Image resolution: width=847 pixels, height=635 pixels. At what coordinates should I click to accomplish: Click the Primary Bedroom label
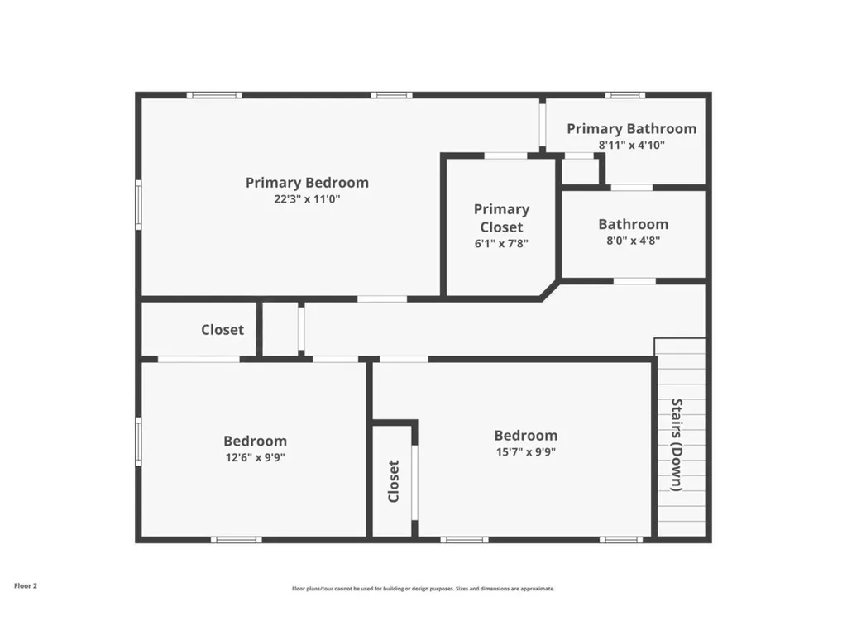pyautogui.click(x=307, y=183)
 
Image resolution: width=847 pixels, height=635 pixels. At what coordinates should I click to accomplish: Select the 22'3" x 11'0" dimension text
pyautogui.click(x=307, y=198)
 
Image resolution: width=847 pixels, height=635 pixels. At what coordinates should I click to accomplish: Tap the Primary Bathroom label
pyautogui.click(x=631, y=128)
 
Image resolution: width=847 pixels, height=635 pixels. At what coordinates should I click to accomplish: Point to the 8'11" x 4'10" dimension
pyautogui.click(x=631, y=145)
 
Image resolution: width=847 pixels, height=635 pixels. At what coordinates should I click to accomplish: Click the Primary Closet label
pyautogui.click(x=501, y=218)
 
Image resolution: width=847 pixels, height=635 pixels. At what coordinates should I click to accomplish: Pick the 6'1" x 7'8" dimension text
pyautogui.click(x=501, y=244)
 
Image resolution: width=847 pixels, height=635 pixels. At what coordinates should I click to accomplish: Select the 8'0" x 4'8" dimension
pyautogui.click(x=633, y=241)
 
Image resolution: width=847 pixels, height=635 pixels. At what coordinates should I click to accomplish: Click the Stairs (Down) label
pyautogui.click(x=677, y=445)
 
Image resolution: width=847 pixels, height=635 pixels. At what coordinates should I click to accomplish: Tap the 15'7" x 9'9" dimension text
pyautogui.click(x=525, y=452)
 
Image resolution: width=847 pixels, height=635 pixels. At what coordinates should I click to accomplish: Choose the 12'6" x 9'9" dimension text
pyautogui.click(x=255, y=457)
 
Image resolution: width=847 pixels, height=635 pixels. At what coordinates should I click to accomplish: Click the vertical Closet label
pyautogui.click(x=393, y=481)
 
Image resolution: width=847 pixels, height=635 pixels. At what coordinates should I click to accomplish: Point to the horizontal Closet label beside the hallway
pyautogui.click(x=222, y=329)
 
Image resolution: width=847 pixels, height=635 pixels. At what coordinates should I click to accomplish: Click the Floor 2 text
pyautogui.click(x=26, y=586)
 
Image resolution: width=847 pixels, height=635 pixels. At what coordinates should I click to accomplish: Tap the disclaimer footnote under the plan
pyautogui.click(x=423, y=589)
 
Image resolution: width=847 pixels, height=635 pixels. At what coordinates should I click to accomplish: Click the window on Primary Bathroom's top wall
pyautogui.click(x=625, y=95)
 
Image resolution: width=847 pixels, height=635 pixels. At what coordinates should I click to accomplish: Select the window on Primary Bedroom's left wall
pyautogui.click(x=138, y=205)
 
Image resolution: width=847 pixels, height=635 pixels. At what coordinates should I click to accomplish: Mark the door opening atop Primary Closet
pyautogui.click(x=505, y=156)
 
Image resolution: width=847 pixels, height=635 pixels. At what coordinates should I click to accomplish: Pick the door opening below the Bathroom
pyautogui.click(x=634, y=281)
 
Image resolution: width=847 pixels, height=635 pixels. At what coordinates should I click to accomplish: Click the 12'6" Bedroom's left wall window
pyautogui.click(x=138, y=442)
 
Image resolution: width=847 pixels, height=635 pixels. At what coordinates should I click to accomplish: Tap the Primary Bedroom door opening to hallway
pyautogui.click(x=382, y=299)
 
